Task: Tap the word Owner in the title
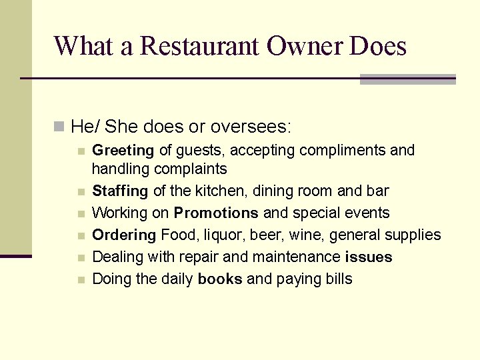(x=304, y=46)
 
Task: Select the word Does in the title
(x=377, y=46)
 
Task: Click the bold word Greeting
(x=123, y=151)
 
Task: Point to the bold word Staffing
(x=120, y=191)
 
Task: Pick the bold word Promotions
(x=216, y=213)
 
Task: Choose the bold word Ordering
(x=123, y=235)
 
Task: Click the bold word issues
(x=369, y=257)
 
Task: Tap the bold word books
(x=220, y=279)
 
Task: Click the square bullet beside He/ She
(x=59, y=125)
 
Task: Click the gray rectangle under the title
(x=407, y=79)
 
